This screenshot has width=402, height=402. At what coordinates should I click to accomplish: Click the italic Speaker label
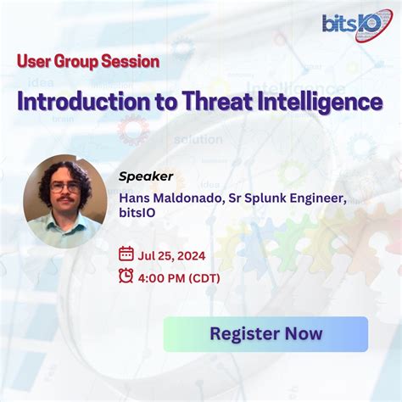(x=146, y=176)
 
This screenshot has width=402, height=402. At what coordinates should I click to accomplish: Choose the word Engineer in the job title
(x=320, y=198)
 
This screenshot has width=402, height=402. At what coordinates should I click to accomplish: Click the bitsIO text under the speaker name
(x=138, y=215)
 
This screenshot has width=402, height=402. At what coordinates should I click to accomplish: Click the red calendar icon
(x=126, y=253)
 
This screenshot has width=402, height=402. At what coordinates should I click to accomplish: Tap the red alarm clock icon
(x=126, y=274)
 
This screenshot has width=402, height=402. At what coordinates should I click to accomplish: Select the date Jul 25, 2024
(x=172, y=253)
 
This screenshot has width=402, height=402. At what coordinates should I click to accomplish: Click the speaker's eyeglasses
(x=64, y=186)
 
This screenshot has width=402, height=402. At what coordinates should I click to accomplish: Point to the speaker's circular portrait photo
(x=64, y=200)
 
